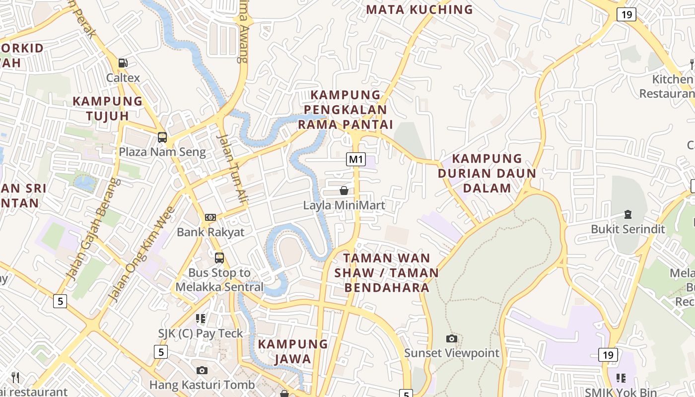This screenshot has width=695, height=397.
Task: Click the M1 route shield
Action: (356, 159)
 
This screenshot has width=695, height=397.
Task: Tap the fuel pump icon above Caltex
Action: (123, 63)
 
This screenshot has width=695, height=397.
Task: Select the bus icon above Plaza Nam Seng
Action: (162, 137)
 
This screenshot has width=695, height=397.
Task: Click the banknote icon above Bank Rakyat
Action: (210, 217)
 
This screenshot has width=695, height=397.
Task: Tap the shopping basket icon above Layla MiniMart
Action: (344, 191)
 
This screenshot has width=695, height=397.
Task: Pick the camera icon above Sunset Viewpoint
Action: (451, 338)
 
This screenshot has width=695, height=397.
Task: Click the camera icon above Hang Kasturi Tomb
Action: (202, 370)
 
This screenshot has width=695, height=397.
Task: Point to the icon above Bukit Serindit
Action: (628, 214)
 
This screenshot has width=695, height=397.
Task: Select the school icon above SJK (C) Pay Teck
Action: (201, 319)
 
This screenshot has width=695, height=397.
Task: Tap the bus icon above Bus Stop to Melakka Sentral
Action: (219, 258)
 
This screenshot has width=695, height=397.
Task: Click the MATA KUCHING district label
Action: (419, 9)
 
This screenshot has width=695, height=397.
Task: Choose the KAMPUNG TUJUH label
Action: (107, 108)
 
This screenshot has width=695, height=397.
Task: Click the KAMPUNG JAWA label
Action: (293, 351)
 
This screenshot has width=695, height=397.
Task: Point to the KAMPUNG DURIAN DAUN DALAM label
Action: (486, 173)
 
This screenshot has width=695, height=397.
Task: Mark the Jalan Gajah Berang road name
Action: (93, 229)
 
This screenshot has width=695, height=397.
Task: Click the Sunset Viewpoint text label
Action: (451, 353)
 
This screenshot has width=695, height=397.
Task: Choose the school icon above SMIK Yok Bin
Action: (621, 378)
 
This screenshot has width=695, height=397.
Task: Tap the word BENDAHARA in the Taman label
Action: (387, 287)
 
